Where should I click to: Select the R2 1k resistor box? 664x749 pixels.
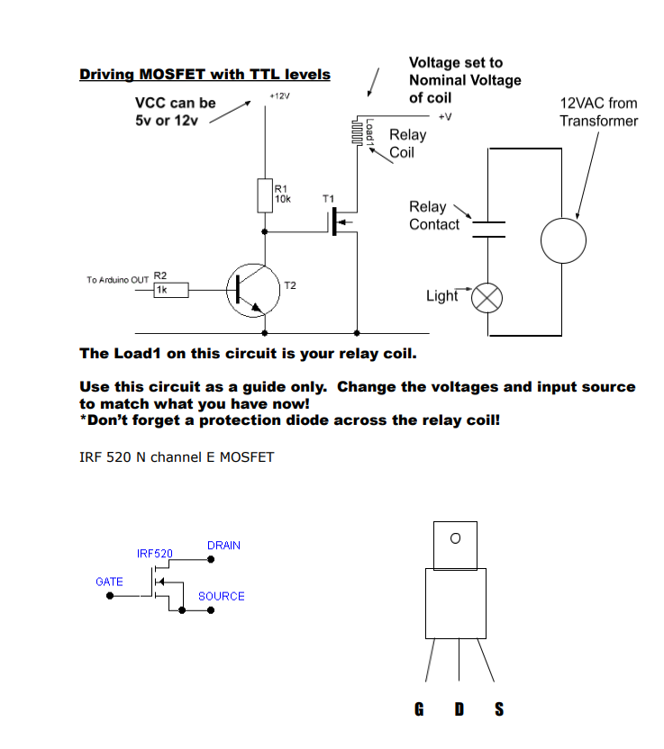point(169,290)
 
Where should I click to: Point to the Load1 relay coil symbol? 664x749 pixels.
point(359,132)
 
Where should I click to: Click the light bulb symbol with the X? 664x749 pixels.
point(487,297)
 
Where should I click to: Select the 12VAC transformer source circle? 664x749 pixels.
point(563,240)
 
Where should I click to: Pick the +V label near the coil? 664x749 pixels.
point(444,117)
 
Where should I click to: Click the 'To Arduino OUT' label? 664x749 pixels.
point(117,280)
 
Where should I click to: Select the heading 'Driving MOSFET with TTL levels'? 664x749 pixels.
point(205,75)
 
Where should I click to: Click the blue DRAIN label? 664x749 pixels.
point(223,546)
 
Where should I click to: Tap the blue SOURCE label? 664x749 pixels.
point(221,596)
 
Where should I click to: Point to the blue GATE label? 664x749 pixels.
point(109,582)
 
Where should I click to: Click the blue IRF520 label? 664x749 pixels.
point(154,553)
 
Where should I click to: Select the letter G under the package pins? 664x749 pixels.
point(419,710)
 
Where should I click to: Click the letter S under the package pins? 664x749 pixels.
point(499,710)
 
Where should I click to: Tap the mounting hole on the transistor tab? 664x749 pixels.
point(455,538)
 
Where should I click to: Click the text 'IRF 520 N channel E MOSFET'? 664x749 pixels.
point(177,457)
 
